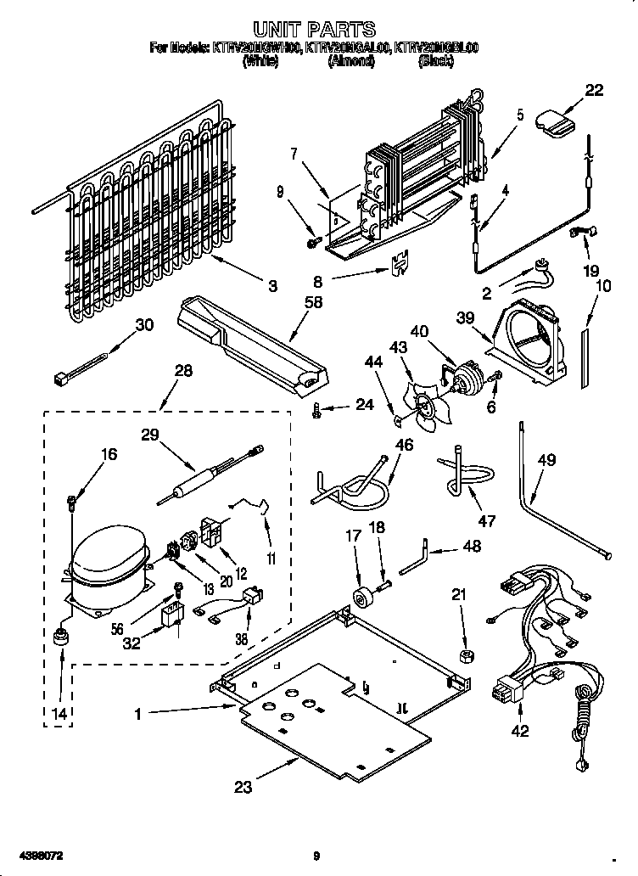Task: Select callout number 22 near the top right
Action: (594, 91)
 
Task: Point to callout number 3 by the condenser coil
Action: (272, 287)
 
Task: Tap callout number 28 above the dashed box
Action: (182, 371)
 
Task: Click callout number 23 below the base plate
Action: (243, 786)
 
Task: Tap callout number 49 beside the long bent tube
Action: (546, 461)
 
